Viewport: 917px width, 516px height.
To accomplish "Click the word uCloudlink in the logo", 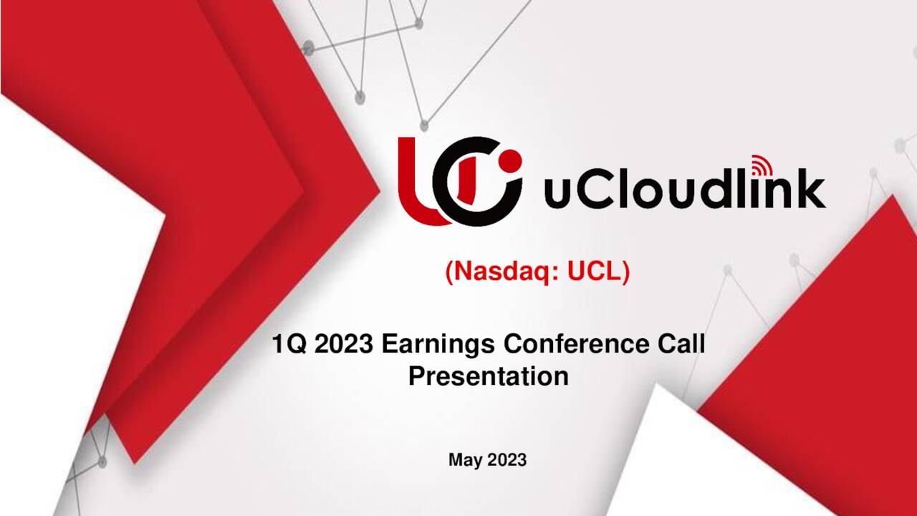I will pos(684,189).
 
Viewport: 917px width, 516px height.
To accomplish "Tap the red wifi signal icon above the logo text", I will pos(761,166).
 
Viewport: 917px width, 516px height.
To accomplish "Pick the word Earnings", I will pos(439,345).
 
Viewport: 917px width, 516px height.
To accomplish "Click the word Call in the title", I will pos(681,345).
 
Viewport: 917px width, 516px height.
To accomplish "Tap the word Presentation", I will pos(489,376).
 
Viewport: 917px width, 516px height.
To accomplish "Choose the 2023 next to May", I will pos(507,460).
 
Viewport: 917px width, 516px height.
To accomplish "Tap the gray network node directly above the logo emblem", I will pos(424,125).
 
